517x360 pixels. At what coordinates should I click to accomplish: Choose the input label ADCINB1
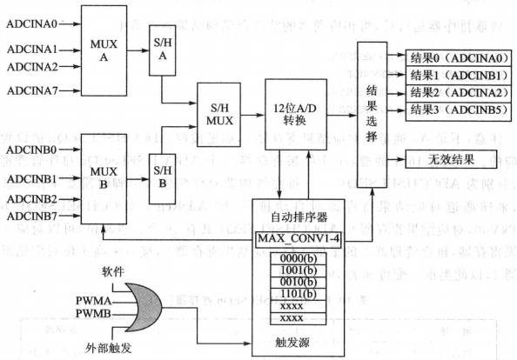(32, 179)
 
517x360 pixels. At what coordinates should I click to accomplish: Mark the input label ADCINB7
(32, 215)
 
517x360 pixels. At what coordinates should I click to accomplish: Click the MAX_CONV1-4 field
(295, 237)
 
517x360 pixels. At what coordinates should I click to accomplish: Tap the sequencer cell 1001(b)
(295, 270)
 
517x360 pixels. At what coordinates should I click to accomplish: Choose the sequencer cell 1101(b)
(295, 295)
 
